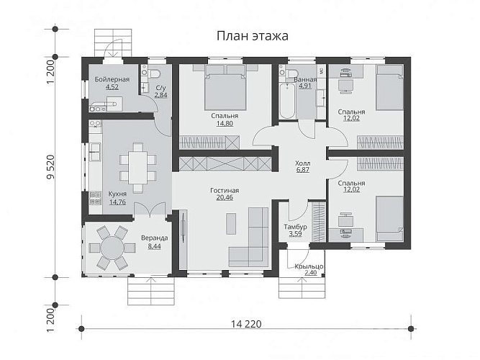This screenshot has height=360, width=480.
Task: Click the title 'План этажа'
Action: coord(253,36)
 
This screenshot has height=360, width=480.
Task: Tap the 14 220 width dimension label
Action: coord(246,324)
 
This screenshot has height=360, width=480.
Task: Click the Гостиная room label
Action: coord(225,191)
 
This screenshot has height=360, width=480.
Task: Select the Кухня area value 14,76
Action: coord(117,202)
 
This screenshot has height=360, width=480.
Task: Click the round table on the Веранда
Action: coord(112,248)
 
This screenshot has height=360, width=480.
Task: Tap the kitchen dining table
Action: coord(137,168)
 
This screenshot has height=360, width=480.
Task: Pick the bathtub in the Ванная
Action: coord(287,101)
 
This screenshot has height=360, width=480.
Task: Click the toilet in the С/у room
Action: coord(155,74)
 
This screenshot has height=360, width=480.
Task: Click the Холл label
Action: coord(302,163)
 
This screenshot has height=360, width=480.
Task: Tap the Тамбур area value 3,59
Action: coord(295,234)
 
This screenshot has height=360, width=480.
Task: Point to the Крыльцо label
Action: coord(309,266)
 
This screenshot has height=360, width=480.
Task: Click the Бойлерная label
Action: coord(112,79)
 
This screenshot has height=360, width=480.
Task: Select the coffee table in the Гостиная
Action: coord(231,224)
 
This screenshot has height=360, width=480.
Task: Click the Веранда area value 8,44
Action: coord(154,246)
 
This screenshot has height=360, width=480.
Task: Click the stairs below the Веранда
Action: coord(151,291)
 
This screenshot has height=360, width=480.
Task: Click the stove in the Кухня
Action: coord(95,198)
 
